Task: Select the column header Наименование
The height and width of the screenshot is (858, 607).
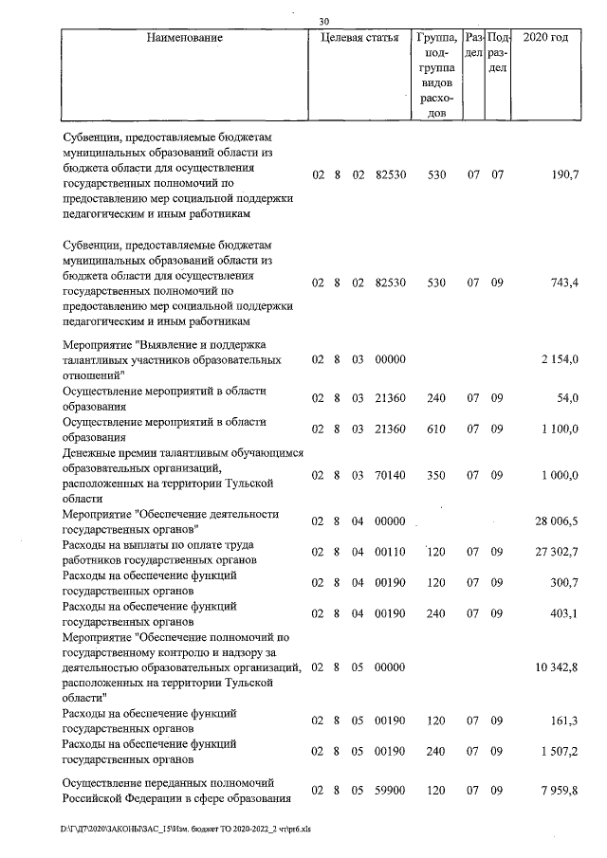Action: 185,39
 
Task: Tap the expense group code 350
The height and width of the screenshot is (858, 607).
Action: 436,475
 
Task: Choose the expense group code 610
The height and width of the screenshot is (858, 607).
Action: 436,429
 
